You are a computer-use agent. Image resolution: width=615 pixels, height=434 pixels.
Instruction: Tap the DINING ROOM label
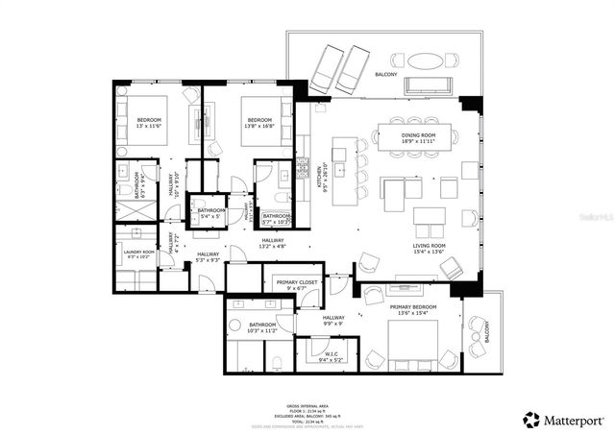[x=418, y=136]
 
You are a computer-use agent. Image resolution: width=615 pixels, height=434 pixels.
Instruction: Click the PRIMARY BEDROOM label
[x=413, y=307]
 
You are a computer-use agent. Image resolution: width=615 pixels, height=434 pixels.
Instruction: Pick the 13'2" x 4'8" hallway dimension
[x=273, y=245]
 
